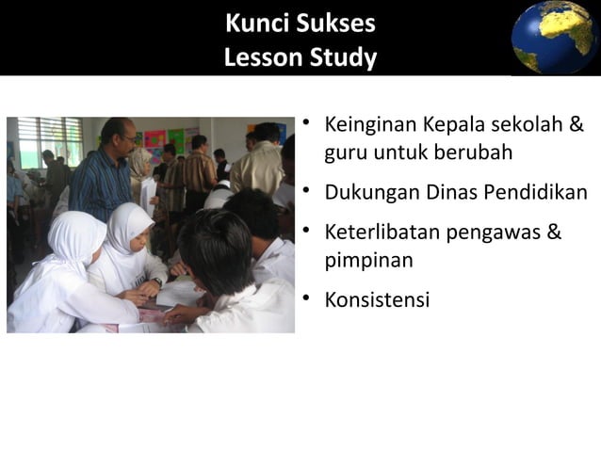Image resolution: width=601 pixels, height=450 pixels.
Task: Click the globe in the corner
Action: pyautogui.click(x=555, y=37)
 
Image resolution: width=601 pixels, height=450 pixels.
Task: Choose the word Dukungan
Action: pyautogui.click(x=368, y=193)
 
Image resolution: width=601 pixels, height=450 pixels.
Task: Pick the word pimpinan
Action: pyautogui.click(x=368, y=260)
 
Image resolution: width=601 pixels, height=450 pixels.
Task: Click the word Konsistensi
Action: pyautogui.click(x=377, y=300)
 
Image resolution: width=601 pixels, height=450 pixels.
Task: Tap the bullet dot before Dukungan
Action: pyautogui.click(x=307, y=193)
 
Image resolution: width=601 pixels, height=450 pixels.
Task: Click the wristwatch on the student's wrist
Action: pyautogui.click(x=156, y=281)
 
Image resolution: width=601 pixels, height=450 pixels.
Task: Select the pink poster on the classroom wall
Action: pyautogui.click(x=154, y=138)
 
